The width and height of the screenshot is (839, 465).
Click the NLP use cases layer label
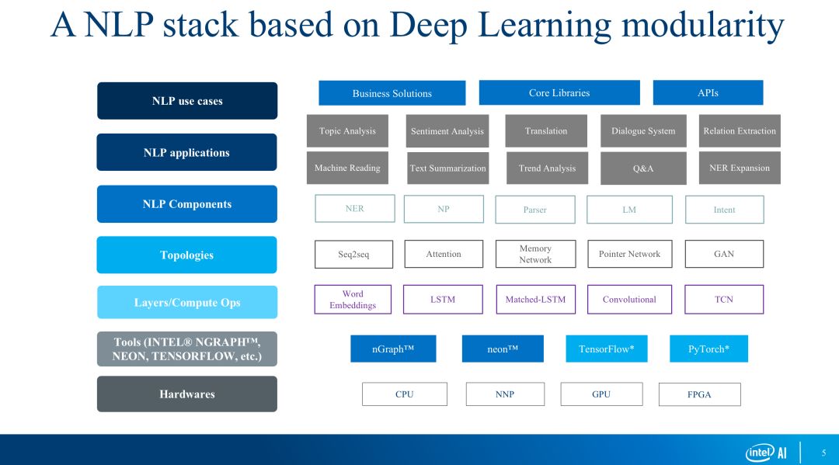pos(187,101)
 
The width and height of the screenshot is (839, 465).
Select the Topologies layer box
pos(186,255)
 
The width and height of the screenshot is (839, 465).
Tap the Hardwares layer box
pos(186,394)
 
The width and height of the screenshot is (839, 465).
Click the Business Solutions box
pos(392,93)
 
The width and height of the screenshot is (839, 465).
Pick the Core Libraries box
pos(559,92)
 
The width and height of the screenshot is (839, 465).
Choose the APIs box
pos(708,92)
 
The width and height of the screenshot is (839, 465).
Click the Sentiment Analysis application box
pos(447,131)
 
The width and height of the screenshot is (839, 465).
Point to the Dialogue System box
pos(643,131)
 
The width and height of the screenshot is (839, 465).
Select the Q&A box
pos(643,168)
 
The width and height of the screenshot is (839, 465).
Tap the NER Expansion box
pos(740,168)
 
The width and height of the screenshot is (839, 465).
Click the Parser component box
pos(535,210)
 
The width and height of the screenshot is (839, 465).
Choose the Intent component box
pos(724,210)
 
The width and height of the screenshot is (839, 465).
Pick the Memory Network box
pos(535,254)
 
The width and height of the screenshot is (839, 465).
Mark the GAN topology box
pos(724,254)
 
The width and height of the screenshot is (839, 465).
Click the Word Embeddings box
pos(353,300)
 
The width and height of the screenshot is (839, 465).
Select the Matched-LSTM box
pos(535,300)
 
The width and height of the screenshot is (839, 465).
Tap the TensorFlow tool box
pos(606,349)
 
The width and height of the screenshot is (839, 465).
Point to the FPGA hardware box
pos(699,394)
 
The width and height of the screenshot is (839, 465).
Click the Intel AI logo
pos(767,453)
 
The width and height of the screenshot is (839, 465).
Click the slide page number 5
pos(823,453)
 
